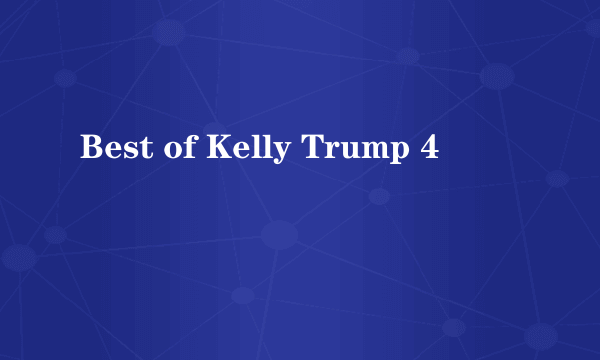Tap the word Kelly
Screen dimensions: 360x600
point(249,149)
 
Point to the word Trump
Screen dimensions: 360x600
point(354,149)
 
